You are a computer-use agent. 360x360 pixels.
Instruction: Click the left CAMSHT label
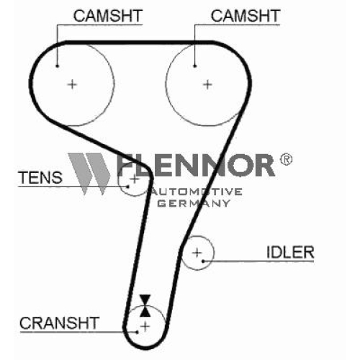(x=108, y=16)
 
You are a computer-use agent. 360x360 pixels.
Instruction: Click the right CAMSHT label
(x=246, y=16)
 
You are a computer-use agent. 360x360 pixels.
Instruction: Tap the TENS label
(x=40, y=178)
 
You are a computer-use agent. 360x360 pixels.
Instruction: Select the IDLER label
(x=290, y=252)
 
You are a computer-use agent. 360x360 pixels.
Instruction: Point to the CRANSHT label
(x=59, y=323)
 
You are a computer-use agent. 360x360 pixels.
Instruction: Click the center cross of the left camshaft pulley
(x=72, y=84)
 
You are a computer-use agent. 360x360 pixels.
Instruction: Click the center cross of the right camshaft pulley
(x=207, y=84)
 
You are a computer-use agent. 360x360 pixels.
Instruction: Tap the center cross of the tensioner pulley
(x=135, y=179)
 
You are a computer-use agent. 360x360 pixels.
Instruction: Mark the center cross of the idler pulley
(x=197, y=253)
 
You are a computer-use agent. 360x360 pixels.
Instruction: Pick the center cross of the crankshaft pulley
(x=145, y=326)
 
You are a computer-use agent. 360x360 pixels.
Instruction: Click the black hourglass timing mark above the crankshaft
(x=145, y=305)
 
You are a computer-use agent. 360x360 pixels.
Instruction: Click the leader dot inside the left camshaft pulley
(x=57, y=66)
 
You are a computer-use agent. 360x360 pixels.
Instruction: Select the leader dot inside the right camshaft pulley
(x=195, y=66)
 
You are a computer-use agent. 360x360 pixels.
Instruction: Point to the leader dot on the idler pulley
(x=203, y=261)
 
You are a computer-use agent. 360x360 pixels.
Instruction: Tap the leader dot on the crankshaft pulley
(x=137, y=333)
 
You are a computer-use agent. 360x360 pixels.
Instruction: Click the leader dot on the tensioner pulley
(x=128, y=186)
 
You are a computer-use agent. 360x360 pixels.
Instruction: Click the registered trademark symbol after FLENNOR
(x=286, y=159)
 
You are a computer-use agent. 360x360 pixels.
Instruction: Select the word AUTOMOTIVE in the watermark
(x=196, y=192)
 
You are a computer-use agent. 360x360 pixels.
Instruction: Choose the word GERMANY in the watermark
(x=194, y=204)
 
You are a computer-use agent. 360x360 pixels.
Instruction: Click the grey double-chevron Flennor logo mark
(x=89, y=174)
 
